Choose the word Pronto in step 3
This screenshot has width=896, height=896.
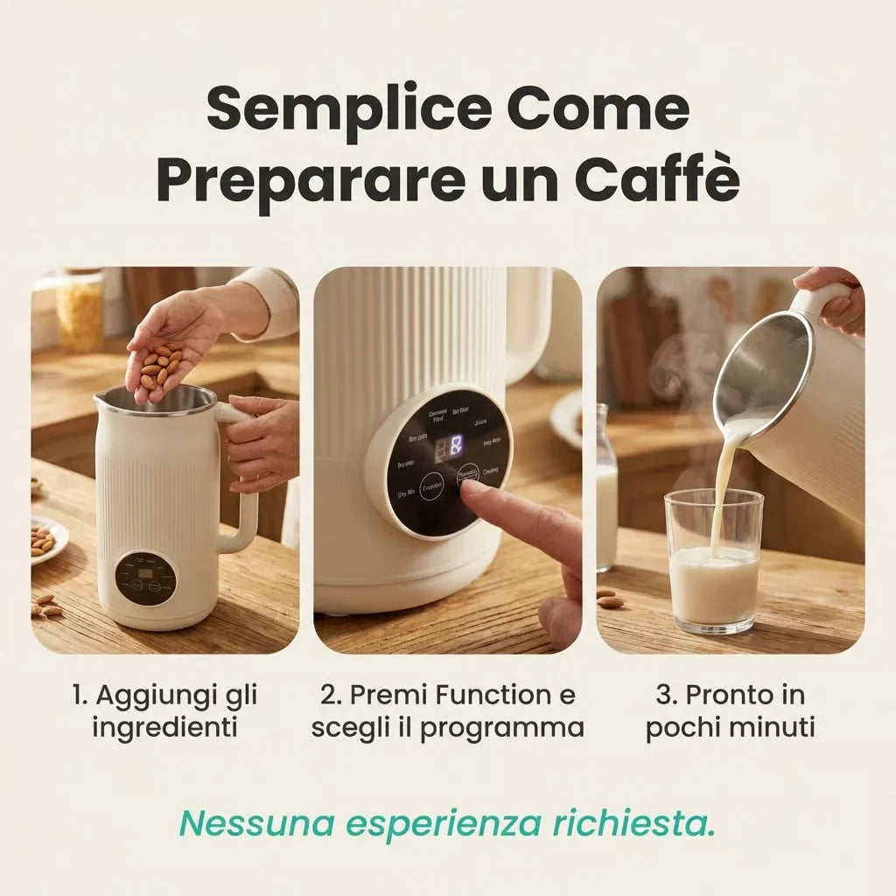coord(732,696)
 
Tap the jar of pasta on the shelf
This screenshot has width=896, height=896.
coord(80,312)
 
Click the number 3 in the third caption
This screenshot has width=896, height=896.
coord(662,696)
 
